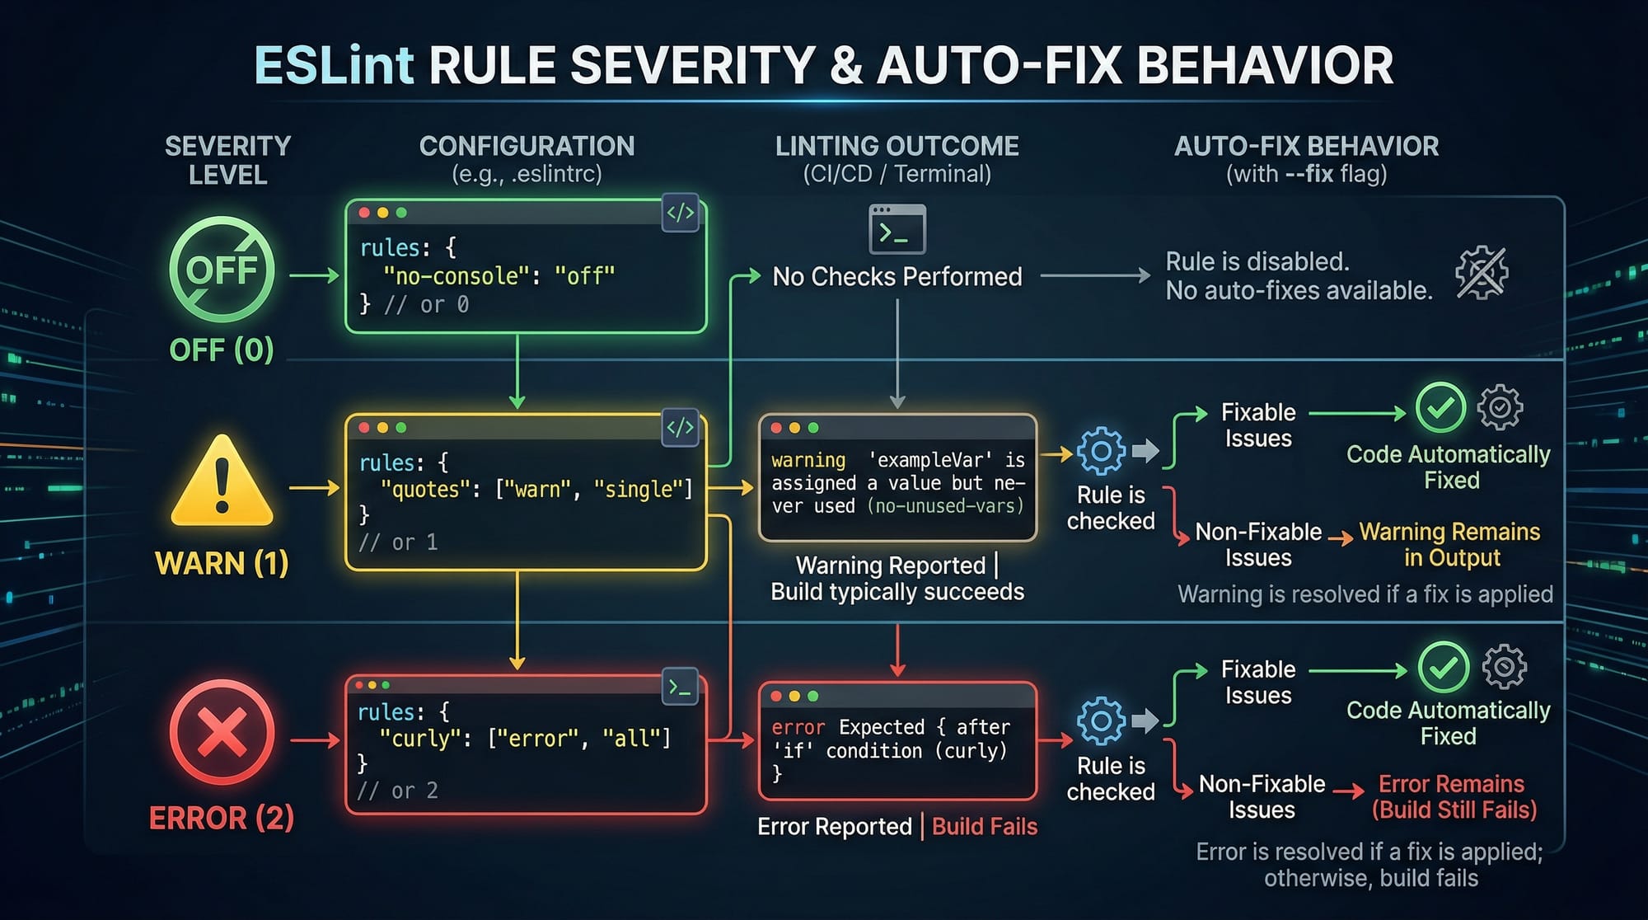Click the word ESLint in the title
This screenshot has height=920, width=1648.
pos(333,65)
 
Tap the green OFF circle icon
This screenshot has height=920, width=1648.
pos(221,270)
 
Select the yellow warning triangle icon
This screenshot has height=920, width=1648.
pos(221,482)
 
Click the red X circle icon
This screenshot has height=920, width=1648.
pos(221,732)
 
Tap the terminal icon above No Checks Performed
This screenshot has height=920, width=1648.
pos(897,230)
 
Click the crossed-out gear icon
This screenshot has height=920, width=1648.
pos(1481,272)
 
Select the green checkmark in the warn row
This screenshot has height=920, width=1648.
pos(1440,407)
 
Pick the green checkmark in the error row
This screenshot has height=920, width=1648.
pos(1443,667)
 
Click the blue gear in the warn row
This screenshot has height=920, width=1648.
pos(1101,450)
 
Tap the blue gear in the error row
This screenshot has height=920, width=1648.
pos(1101,721)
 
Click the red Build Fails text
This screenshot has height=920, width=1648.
pos(985,827)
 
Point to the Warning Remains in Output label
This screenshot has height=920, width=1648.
pos(1450,545)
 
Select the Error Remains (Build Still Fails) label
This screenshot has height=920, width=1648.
pos(1454,796)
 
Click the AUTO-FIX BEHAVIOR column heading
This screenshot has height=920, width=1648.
pos(1306,147)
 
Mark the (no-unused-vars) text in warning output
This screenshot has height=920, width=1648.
pos(945,506)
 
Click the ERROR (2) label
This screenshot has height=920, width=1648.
pos(221,819)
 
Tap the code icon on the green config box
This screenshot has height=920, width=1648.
pos(681,214)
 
